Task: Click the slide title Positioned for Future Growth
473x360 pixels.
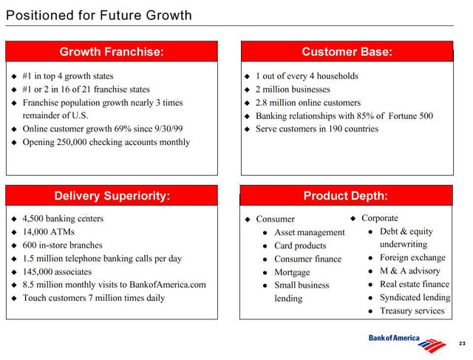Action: pyautogui.click(x=98, y=16)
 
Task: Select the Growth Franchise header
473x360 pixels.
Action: pyautogui.click(x=112, y=52)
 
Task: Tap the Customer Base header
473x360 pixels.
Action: pyautogui.click(x=347, y=52)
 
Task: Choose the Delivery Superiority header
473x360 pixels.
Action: pyautogui.click(x=112, y=196)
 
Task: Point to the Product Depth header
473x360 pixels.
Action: pyautogui.click(x=346, y=196)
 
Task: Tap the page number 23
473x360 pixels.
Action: pyautogui.click(x=462, y=344)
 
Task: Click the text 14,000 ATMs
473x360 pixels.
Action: pyautogui.click(x=49, y=232)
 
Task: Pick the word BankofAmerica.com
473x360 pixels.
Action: pyautogui.click(x=168, y=285)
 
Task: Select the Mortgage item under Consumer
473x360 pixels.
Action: pyautogui.click(x=292, y=273)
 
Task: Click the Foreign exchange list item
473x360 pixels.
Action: pyautogui.click(x=412, y=258)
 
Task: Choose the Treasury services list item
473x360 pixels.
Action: pyautogui.click(x=412, y=310)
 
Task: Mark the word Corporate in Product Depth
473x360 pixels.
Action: pyautogui.click(x=380, y=218)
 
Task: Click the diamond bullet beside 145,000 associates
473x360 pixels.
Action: pyautogui.click(x=14, y=272)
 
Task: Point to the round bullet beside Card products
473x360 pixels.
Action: pyautogui.click(x=265, y=246)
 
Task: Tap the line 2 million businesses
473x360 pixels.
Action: pyautogui.click(x=293, y=89)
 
